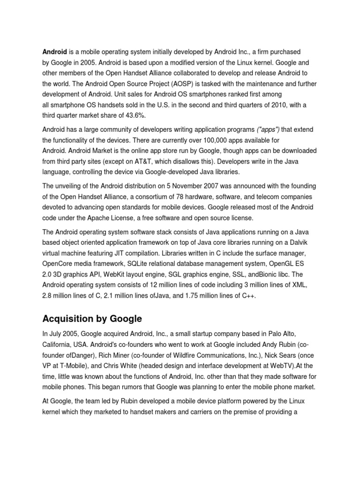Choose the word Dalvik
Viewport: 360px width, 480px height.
point(300,242)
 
